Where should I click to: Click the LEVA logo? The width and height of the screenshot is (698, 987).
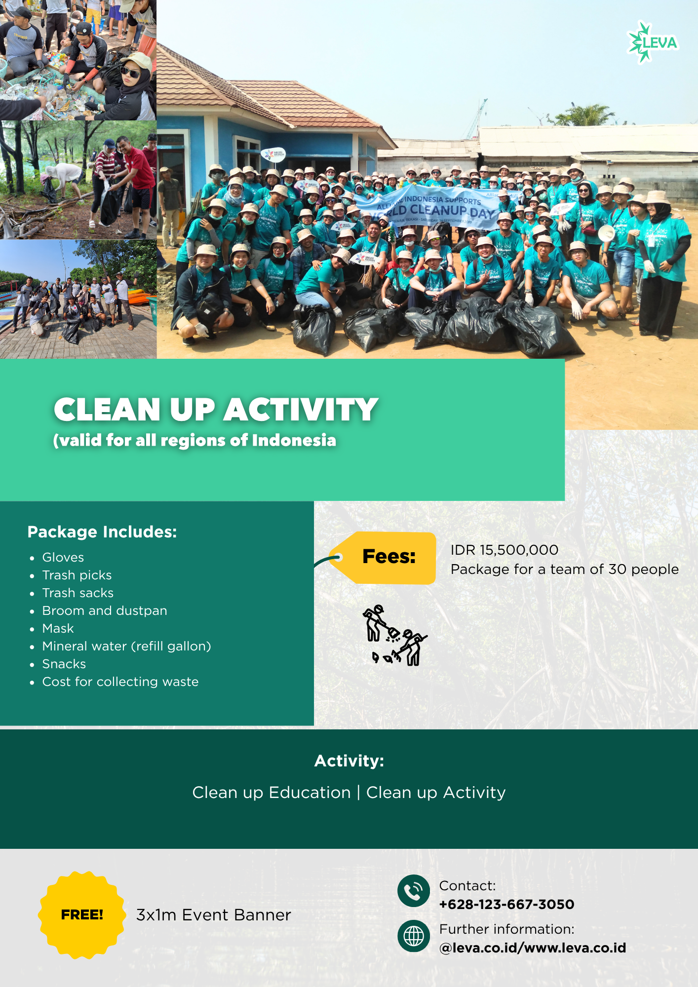point(653,42)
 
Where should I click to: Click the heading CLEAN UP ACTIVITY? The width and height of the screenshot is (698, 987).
point(216,410)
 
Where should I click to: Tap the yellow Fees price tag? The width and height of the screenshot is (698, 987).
point(383,558)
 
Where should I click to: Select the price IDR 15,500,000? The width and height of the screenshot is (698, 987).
point(504,550)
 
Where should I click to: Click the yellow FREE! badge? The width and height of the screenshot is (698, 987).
point(82,915)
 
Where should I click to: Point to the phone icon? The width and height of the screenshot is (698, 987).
point(414,891)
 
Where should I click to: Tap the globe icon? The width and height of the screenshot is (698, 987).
point(414,936)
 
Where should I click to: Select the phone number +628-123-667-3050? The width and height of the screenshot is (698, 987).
point(507,904)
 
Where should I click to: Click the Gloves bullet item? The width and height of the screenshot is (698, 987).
point(63,557)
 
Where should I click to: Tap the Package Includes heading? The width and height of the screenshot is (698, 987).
point(102,531)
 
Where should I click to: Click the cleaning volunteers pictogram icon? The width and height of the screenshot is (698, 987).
point(395,635)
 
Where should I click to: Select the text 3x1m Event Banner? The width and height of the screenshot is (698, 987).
point(214,915)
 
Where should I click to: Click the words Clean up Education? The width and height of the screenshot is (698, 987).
point(271,793)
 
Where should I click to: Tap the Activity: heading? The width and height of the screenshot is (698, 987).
point(349,760)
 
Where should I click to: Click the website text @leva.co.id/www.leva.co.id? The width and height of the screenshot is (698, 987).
point(533,948)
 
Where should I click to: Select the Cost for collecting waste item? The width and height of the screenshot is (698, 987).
point(120,682)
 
